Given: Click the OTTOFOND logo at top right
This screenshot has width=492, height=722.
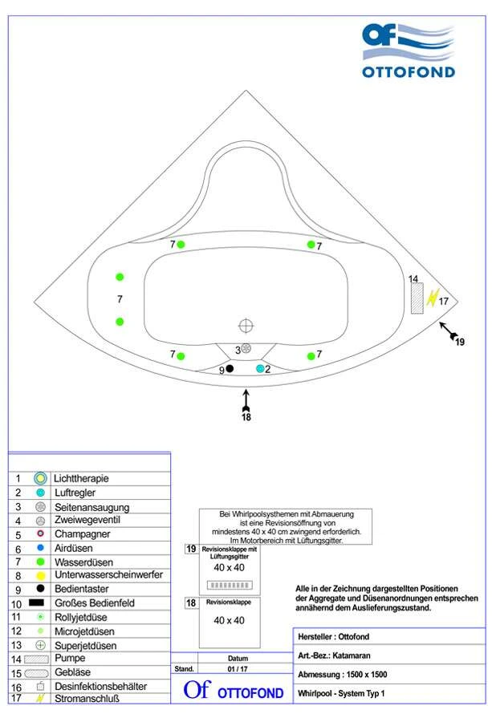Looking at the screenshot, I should coord(408,50).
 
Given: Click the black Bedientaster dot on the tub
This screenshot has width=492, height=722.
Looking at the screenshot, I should coord(230,369).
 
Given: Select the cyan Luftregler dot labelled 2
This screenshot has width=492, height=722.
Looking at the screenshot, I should coord(260,369).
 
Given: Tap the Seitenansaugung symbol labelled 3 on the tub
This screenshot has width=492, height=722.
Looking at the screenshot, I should coord(246,348).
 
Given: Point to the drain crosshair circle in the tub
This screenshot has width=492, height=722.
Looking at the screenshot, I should coord(246,325).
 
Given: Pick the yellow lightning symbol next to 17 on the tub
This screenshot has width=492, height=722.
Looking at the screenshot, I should coord(433,298).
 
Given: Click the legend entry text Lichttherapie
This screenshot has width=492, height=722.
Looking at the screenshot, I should coord(81,478).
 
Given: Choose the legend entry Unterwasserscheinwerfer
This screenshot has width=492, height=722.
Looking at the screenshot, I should coord(108,575).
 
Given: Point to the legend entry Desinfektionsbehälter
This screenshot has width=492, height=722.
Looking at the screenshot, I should coord(100,687).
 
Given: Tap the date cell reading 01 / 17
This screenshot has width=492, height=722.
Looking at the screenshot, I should coord(238,668).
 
